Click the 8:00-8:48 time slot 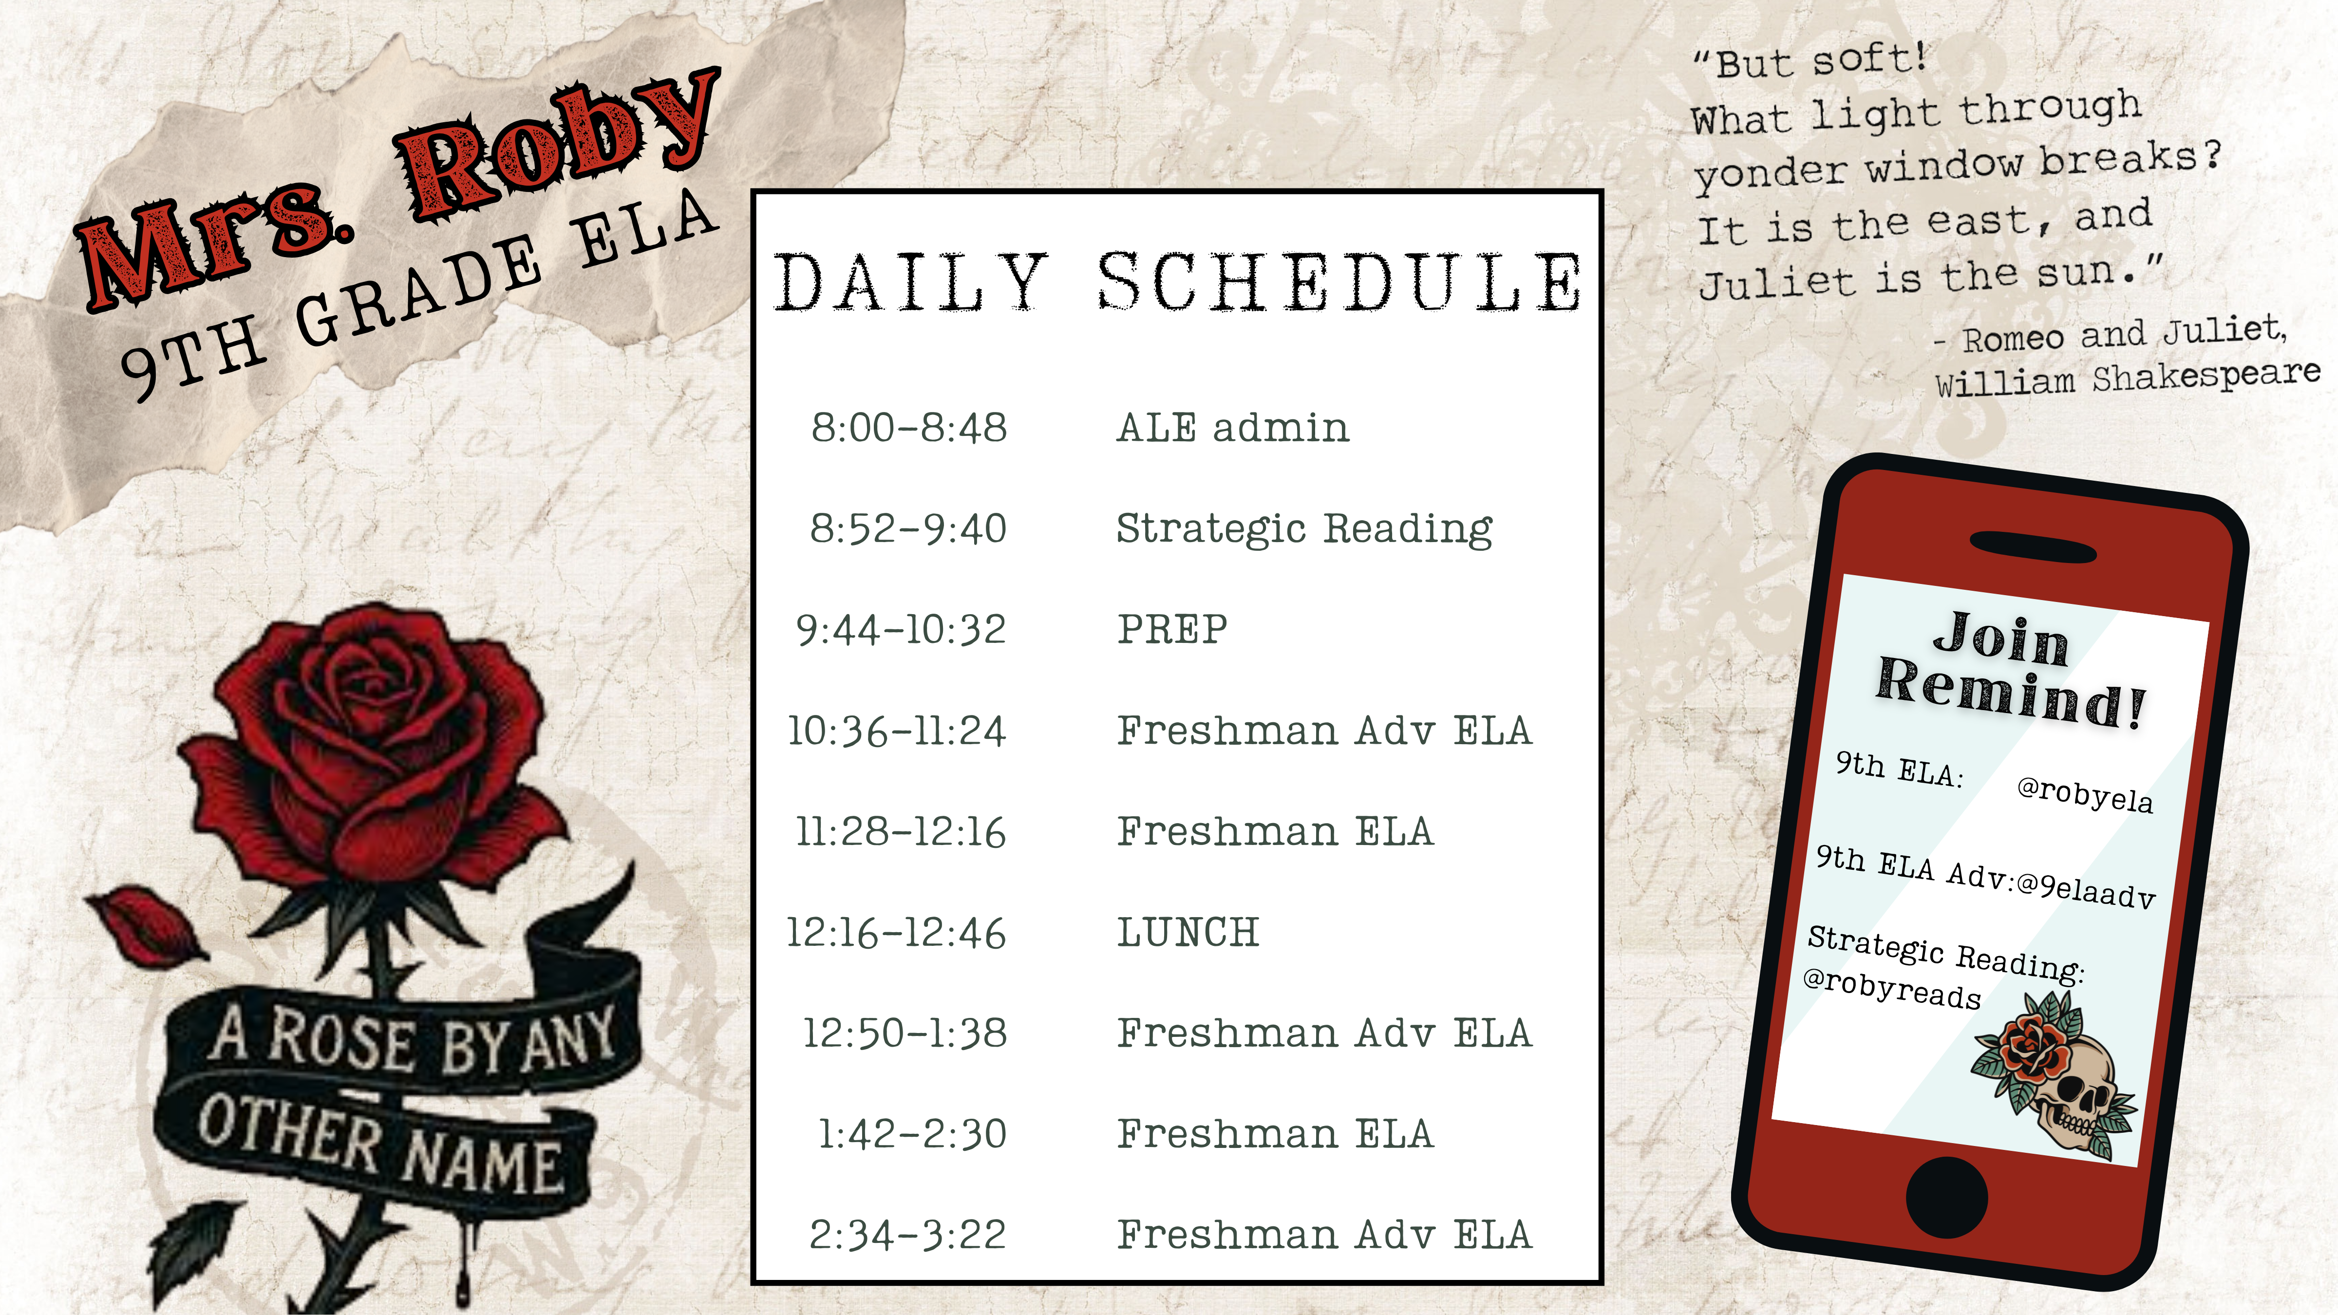908,428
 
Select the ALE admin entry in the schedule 1232,428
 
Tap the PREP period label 1172,629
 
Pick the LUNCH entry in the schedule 1188,932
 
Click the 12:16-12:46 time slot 896,932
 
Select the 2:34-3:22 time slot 907,1234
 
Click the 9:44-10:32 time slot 901,629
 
